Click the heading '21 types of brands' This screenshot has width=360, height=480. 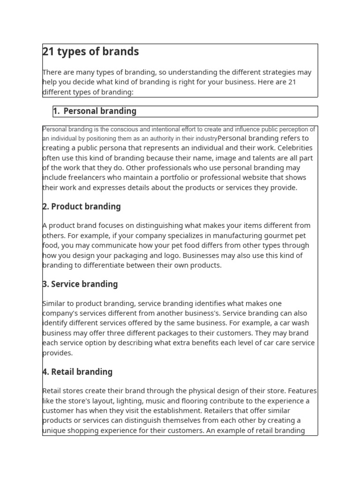[x=90, y=52]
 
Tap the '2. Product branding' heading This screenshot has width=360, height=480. [x=82, y=207]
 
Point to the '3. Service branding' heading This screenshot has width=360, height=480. [x=80, y=284]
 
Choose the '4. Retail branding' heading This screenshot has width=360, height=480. [x=77, y=372]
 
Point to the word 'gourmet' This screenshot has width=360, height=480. [x=276, y=235]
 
